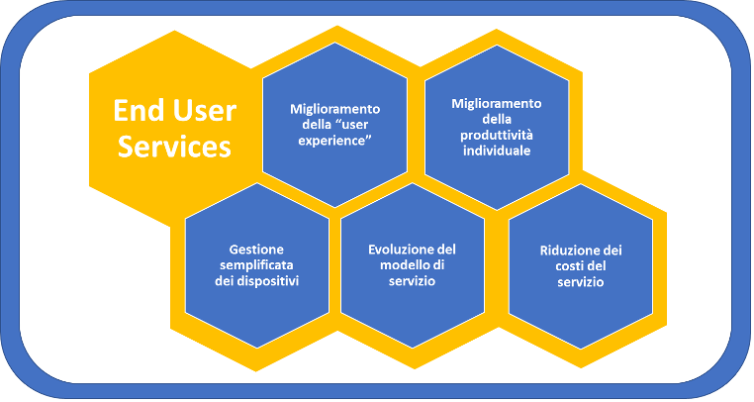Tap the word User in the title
205,110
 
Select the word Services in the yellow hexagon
174,147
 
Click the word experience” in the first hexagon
334,141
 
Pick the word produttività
497,136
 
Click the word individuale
497,151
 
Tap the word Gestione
256,250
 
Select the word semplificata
256,265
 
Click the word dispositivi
270,280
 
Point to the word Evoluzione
396,250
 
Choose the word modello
404,264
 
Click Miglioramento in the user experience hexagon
334,109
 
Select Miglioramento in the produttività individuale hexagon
497,104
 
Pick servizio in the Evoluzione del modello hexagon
412,280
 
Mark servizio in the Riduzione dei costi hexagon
581,281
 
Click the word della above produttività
497,120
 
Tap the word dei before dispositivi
226,280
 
